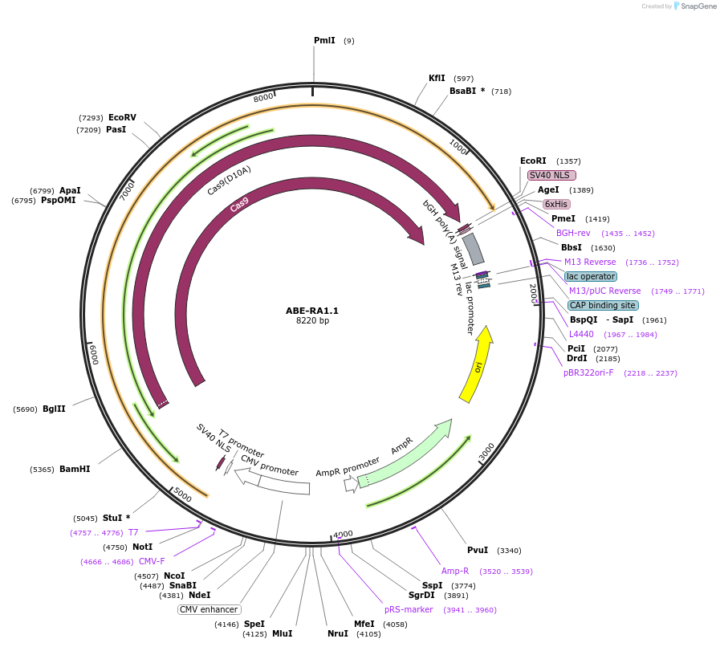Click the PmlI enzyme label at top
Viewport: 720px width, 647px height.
324,40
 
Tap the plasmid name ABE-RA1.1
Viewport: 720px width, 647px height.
312,311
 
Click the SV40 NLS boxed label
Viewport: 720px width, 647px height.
551,175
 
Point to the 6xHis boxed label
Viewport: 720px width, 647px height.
556,204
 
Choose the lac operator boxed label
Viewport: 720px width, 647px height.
591,276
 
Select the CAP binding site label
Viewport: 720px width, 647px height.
603,305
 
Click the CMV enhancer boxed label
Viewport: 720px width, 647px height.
209,609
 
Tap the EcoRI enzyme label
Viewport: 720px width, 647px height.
533,161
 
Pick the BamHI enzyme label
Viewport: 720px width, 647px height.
75,469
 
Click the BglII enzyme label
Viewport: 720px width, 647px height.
55,409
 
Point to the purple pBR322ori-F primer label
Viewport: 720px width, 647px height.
588,372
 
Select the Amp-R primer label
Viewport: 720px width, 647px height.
455,571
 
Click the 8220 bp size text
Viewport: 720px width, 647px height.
312,321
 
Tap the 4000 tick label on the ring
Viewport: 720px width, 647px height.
343,534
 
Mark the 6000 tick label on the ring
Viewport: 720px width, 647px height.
94,353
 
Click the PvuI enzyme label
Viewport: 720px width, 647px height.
478,550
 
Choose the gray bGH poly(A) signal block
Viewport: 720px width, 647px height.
474,249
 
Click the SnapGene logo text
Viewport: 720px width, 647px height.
695,6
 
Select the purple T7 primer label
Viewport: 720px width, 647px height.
133,532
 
